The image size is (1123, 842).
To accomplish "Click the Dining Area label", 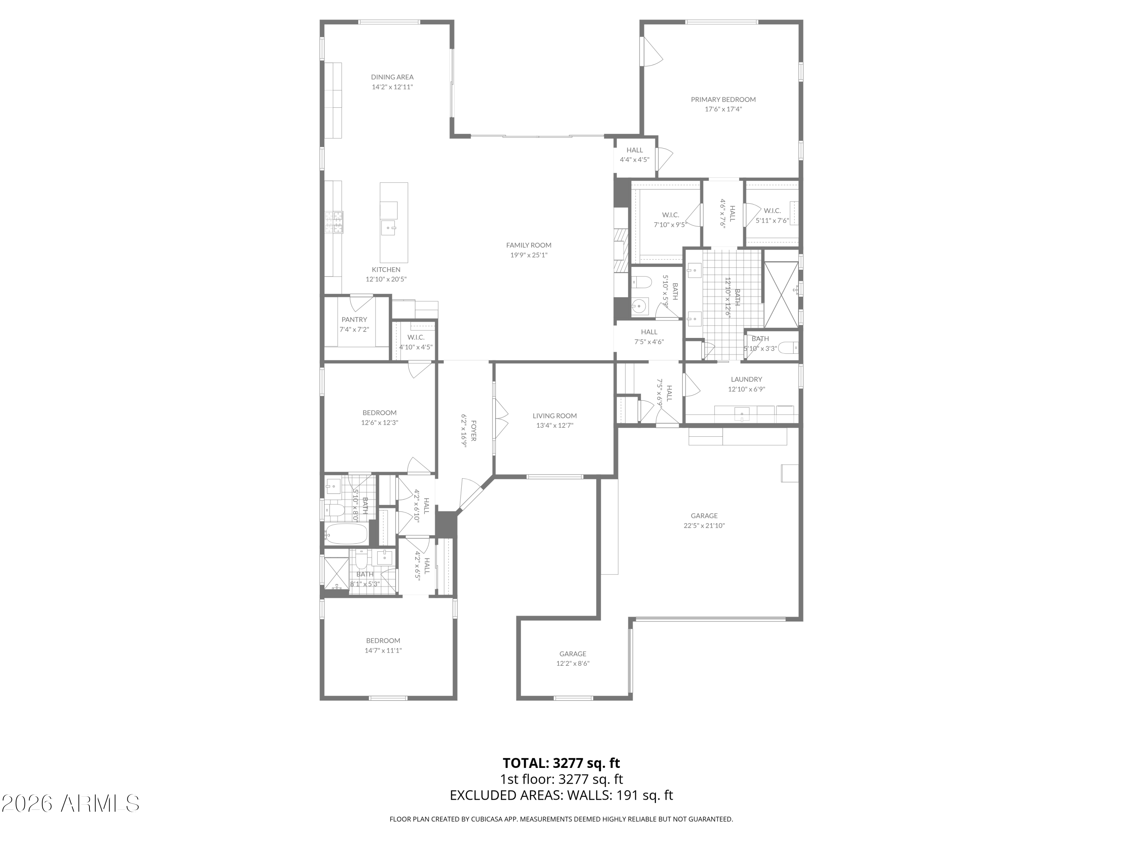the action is (x=392, y=77).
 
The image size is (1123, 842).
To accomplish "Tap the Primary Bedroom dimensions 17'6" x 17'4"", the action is (x=723, y=109).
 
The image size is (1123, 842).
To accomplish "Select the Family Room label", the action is (x=529, y=245).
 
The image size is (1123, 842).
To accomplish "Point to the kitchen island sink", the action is (x=389, y=228).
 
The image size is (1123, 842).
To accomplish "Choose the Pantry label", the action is (x=354, y=320).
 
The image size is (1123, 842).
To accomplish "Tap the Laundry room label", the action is (x=746, y=379).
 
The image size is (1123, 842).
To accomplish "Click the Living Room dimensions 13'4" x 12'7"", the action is (x=554, y=426).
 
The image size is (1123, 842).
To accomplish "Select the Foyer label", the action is (x=473, y=430).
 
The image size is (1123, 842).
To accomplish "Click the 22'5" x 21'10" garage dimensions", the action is (x=704, y=526).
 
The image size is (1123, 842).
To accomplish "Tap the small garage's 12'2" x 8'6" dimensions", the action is (x=573, y=663).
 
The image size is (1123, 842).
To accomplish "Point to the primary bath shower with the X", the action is (x=781, y=295).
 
